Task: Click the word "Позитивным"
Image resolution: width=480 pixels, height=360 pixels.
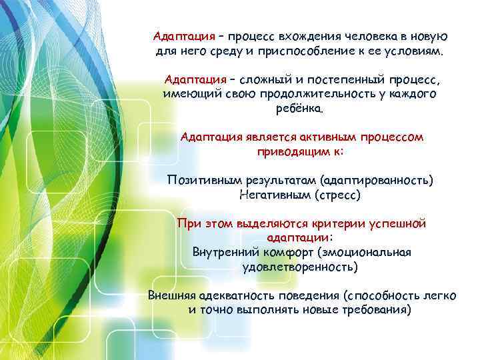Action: [204, 181]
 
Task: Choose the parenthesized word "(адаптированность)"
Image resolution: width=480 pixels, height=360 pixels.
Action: [376, 181]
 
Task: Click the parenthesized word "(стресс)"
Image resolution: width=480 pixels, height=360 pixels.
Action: [340, 195]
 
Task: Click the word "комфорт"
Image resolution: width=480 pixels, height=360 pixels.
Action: [291, 253]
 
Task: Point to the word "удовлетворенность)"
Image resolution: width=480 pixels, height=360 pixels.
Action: [300, 267]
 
